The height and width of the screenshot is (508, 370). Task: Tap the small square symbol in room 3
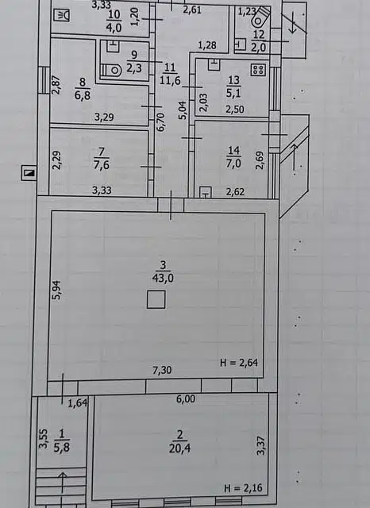click(156, 299)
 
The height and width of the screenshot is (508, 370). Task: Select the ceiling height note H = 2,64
click(239, 363)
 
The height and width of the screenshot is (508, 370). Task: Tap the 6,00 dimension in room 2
click(185, 400)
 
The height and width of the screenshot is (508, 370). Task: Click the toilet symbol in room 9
click(112, 70)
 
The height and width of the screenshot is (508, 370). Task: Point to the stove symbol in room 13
click(257, 70)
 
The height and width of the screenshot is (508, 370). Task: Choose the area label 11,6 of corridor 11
click(168, 80)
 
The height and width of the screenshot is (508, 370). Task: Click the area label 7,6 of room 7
click(101, 165)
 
